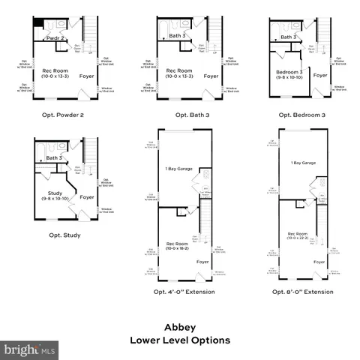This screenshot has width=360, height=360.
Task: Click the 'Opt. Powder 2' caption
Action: (x=61, y=115)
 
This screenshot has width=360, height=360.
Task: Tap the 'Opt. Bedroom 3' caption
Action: (x=301, y=115)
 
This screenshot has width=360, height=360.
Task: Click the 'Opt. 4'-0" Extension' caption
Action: (x=184, y=291)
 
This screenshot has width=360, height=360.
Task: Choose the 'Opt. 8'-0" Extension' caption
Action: (x=302, y=291)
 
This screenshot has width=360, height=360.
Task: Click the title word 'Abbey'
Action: (x=180, y=327)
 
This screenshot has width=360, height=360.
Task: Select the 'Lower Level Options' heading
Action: (x=180, y=340)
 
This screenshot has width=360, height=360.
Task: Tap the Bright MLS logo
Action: (x=30, y=349)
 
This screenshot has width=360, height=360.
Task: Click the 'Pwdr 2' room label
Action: (x=55, y=37)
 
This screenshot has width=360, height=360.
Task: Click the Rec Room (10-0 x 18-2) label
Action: (x=177, y=246)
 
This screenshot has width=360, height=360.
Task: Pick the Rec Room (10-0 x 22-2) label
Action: (x=298, y=236)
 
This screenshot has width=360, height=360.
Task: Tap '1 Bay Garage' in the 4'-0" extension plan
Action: (x=180, y=169)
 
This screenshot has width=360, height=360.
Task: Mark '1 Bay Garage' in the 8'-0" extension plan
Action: (x=302, y=162)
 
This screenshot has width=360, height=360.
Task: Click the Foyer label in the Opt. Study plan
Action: (x=87, y=197)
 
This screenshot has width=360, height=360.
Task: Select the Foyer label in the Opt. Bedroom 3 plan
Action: (x=320, y=75)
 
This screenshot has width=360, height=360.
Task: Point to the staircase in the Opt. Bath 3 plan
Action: (x=214, y=33)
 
